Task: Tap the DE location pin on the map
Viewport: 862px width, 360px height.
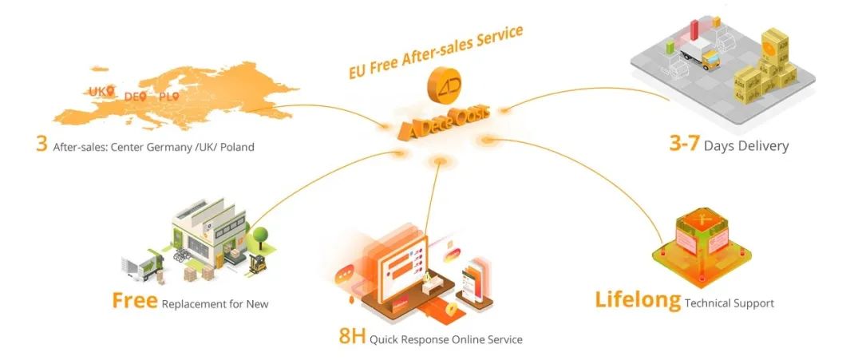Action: pyautogui.click(x=143, y=97)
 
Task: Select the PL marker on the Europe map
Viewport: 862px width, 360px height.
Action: pyautogui.click(x=176, y=97)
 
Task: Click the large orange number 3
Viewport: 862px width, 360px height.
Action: pyautogui.click(x=42, y=145)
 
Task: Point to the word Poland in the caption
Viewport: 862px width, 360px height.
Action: pyautogui.click(x=237, y=147)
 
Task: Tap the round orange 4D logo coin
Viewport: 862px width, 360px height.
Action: pyautogui.click(x=441, y=85)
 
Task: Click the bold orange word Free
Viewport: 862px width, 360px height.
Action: pyautogui.click(x=135, y=302)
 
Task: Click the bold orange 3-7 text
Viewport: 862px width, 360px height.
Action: pyautogui.click(x=684, y=144)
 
